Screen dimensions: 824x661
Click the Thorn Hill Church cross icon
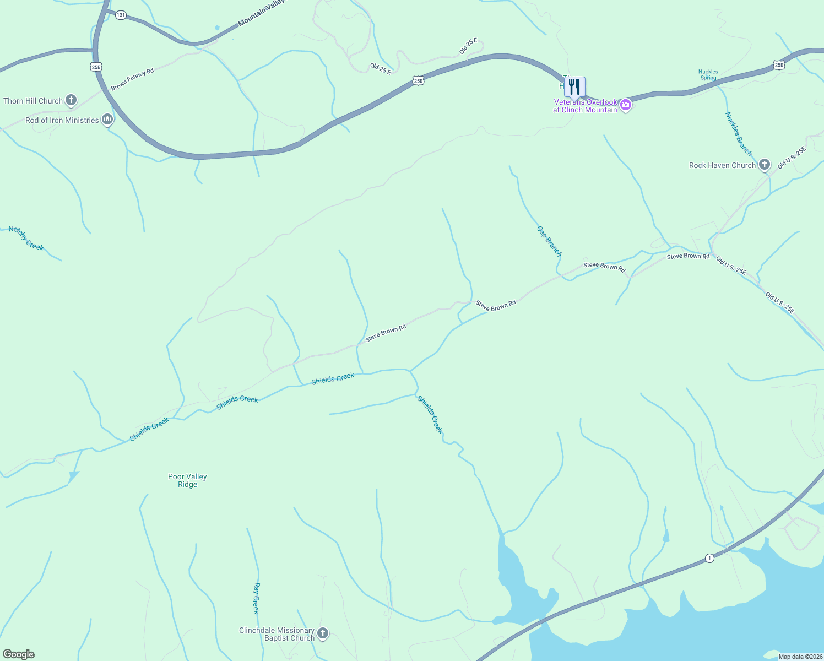click(71, 100)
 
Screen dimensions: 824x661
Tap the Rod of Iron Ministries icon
click(107, 120)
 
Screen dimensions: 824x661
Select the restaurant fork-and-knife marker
click(574, 87)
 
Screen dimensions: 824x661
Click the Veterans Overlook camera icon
click(625, 105)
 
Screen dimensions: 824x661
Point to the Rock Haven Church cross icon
click(764, 165)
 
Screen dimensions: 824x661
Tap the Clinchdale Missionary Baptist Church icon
click(323, 633)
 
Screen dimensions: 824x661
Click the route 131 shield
click(121, 15)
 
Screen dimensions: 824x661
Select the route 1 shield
click(709, 558)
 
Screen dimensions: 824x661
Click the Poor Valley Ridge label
click(187, 480)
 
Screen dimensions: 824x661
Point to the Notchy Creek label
click(26, 239)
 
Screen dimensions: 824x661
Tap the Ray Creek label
click(256, 598)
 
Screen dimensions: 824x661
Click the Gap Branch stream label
click(549, 241)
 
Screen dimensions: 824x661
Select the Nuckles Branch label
click(739, 133)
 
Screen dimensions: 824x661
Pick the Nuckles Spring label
click(708, 74)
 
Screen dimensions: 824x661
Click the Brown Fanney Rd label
click(132, 79)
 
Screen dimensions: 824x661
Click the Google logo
click(18, 654)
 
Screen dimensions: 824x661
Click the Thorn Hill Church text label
click(33, 101)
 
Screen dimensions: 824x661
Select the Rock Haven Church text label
click(722, 165)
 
